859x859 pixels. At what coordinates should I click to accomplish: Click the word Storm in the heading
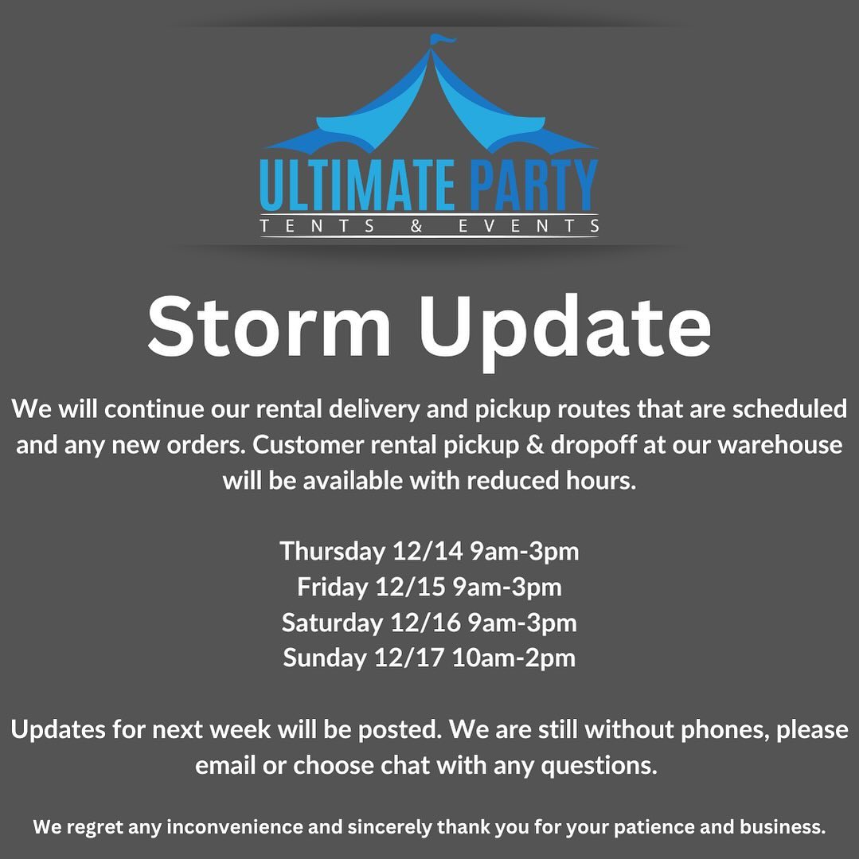[x=269, y=327]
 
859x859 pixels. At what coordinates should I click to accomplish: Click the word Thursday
[x=332, y=550]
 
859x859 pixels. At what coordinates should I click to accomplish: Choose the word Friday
[x=332, y=587]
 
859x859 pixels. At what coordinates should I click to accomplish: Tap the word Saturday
[x=332, y=623]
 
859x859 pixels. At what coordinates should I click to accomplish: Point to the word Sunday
[x=324, y=658]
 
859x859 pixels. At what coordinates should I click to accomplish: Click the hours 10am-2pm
[x=513, y=658]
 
